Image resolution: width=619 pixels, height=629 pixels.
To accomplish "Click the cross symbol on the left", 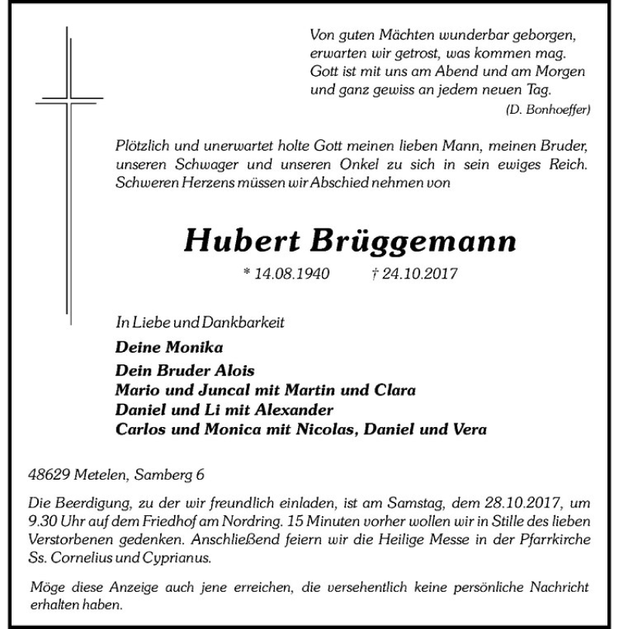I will (68, 101).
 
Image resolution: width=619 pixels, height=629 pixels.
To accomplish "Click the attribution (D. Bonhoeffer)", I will (547, 109).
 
